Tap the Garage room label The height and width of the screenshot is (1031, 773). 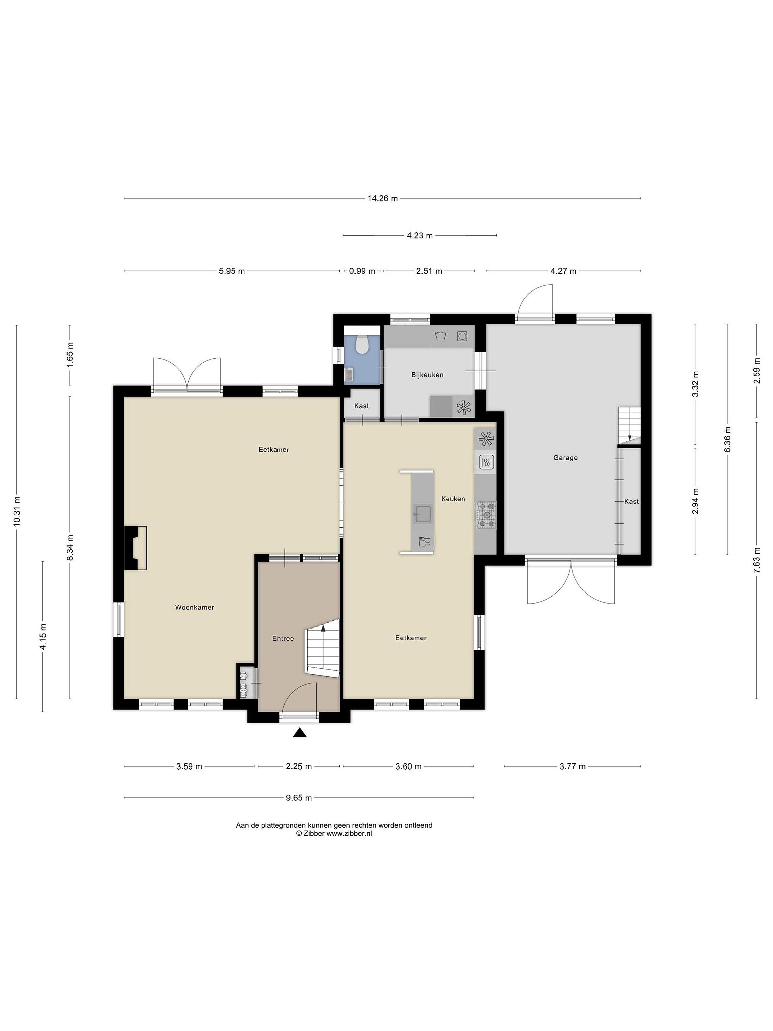pos(565,458)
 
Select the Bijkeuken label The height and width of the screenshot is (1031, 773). pos(427,375)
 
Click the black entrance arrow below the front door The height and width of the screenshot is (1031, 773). pos(300,733)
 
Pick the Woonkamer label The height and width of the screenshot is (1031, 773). pos(194,607)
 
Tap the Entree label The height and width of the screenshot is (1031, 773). pos(283,639)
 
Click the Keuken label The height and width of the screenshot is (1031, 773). pos(453,499)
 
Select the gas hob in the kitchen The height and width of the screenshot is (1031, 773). pos(486,515)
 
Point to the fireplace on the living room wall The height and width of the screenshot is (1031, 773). pos(135,548)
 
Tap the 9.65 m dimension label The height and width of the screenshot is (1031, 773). pos(299,798)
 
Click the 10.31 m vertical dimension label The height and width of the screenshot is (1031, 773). pos(17,511)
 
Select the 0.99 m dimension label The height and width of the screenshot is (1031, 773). pos(362,271)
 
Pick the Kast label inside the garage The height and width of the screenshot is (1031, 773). pos(631,502)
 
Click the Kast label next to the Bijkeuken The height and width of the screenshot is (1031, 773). pos(361,406)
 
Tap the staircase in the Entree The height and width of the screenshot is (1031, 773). pos(322,648)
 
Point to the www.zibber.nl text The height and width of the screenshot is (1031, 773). pos(349,834)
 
